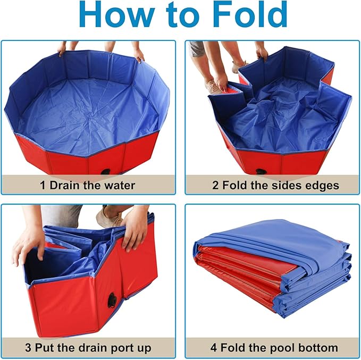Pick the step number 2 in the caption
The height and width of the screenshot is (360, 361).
coord(215,186)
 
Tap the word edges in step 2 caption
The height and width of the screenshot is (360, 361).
coord(316,186)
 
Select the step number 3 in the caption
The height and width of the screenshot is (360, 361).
coord(28,348)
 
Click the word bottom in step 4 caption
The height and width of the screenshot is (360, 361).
coord(318,348)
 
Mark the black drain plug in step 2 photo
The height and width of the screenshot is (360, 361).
coord(261,172)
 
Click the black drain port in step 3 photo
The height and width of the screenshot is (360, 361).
coord(112,301)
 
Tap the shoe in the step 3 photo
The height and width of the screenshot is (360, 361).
coord(108,217)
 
